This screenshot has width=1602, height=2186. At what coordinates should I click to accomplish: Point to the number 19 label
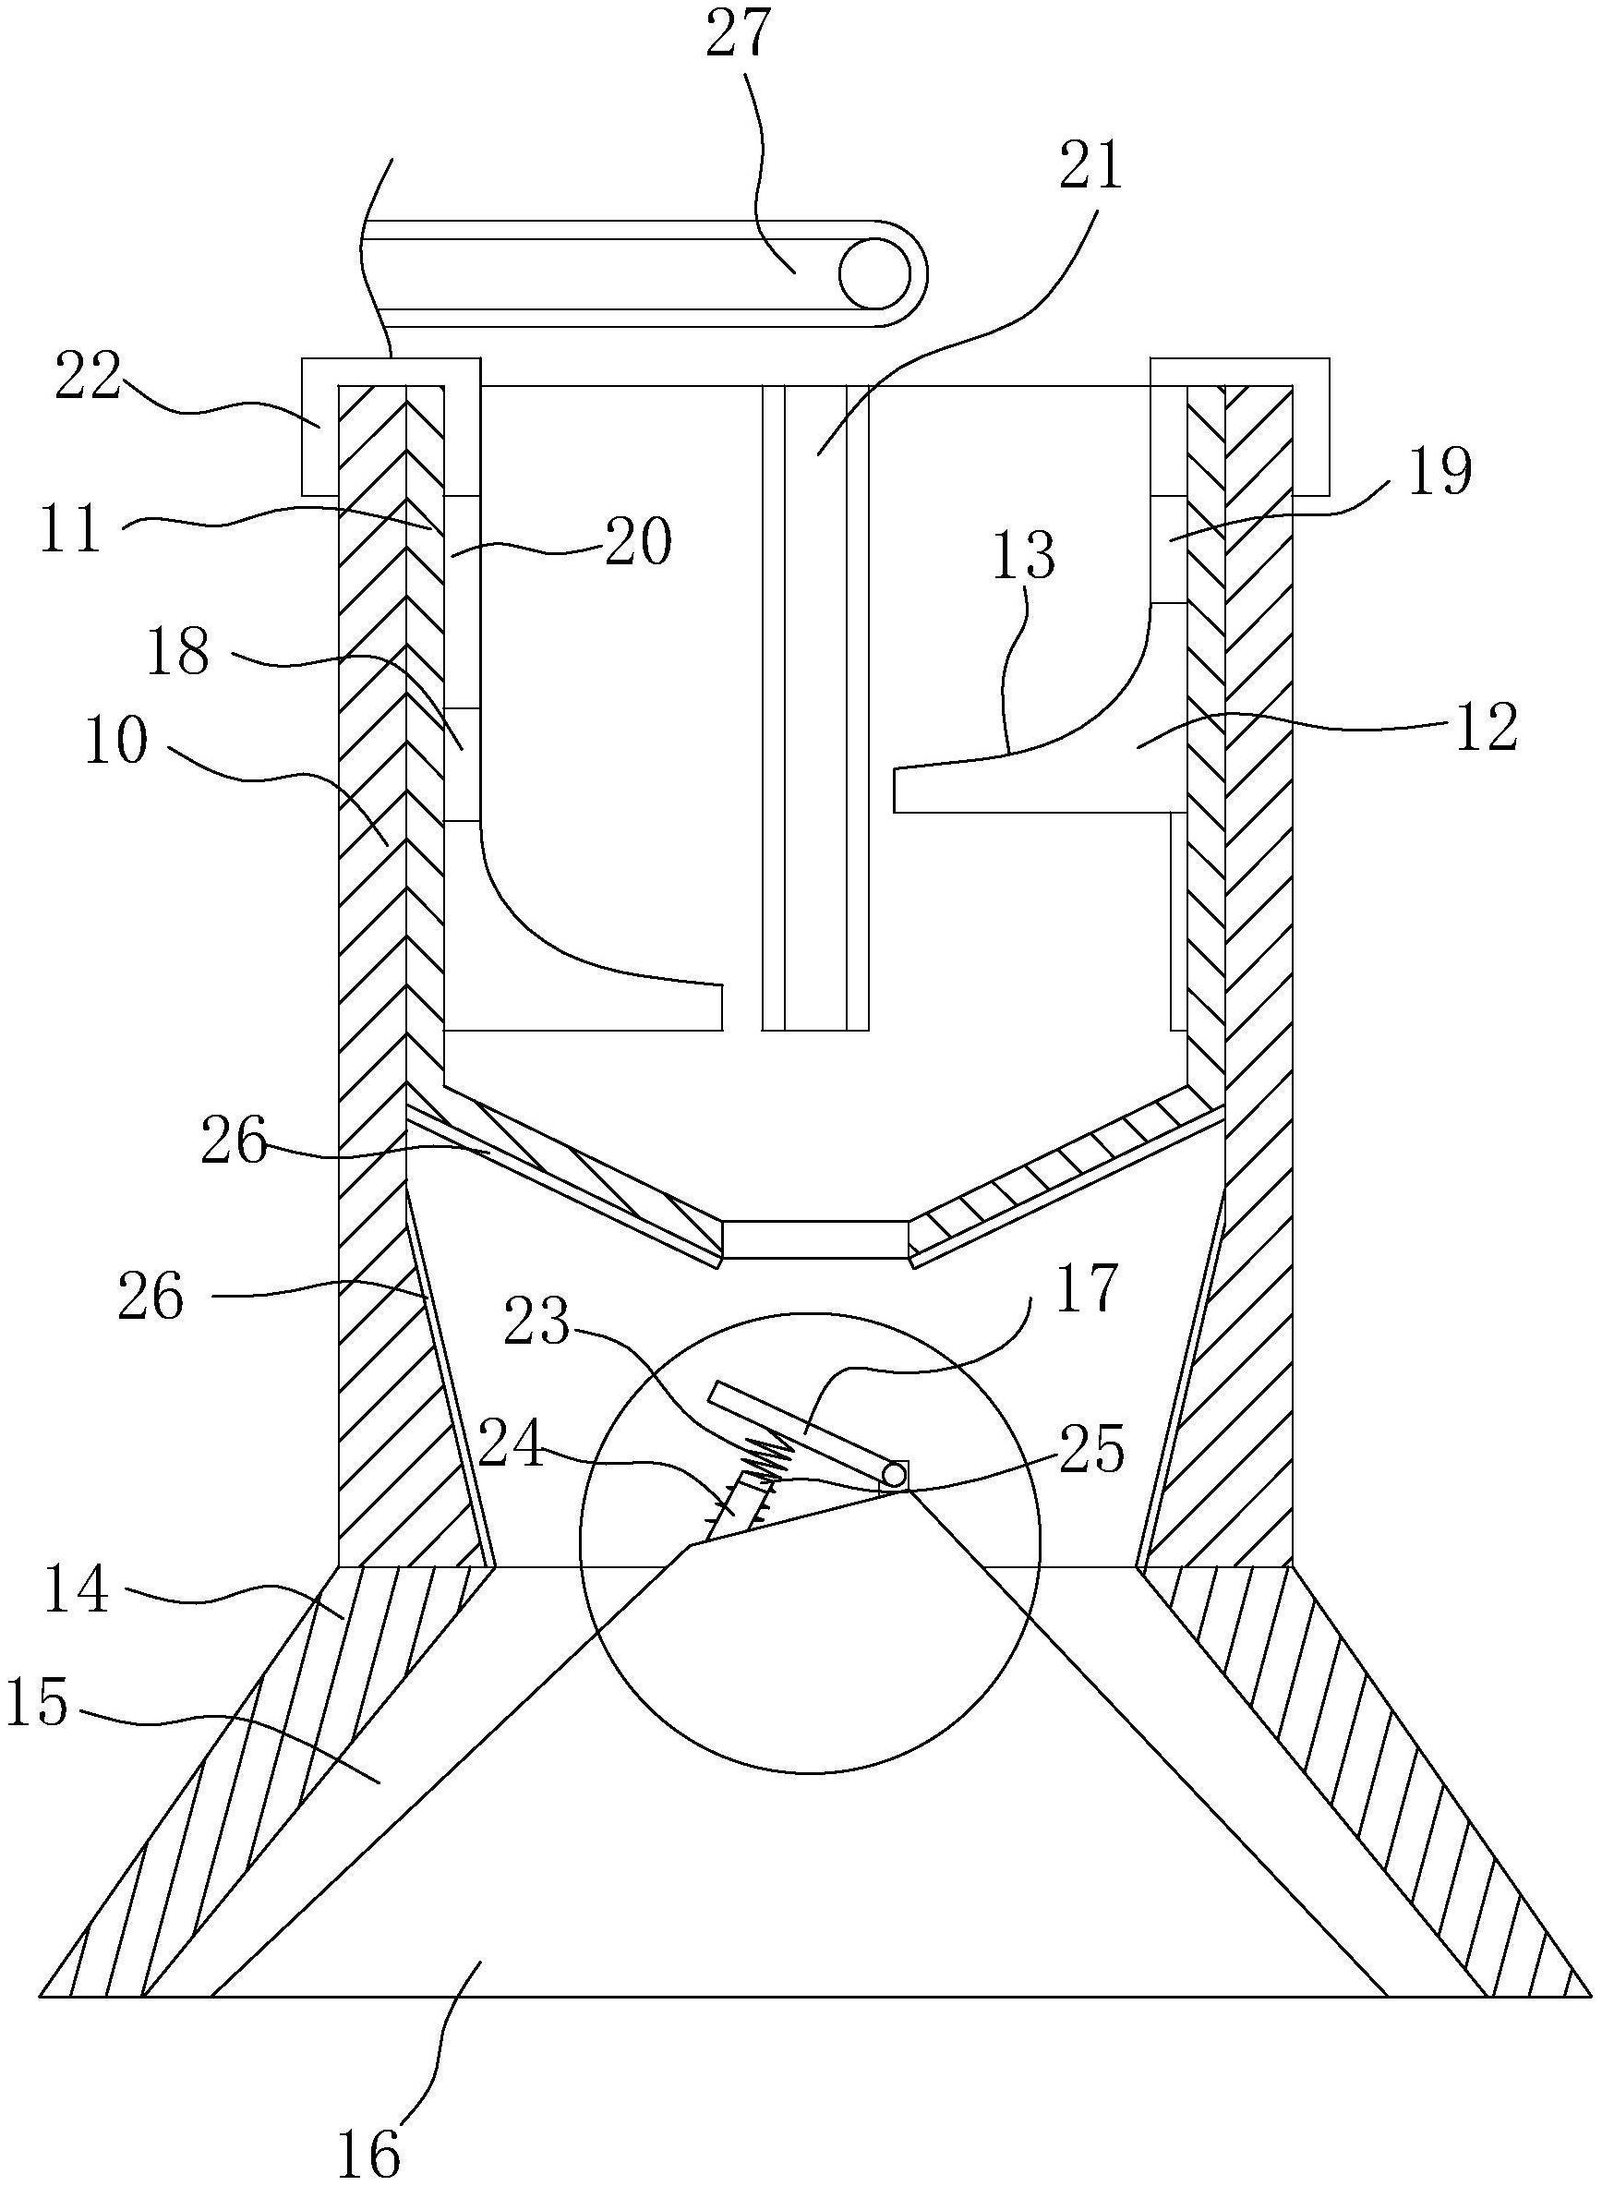tap(1440, 473)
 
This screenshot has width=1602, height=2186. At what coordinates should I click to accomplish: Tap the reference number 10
tap(117, 743)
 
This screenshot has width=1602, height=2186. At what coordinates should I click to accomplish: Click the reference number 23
tap(538, 1322)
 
